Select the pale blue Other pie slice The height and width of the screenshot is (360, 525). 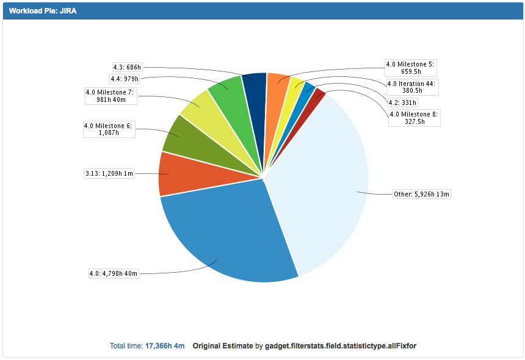coord(324,183)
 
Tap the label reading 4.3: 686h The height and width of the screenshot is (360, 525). coord(127,67)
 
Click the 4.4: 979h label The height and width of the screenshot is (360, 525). coord(125,78)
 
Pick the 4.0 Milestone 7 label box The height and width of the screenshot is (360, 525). coord(109,96)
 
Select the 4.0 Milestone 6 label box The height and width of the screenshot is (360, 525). coord(109,129)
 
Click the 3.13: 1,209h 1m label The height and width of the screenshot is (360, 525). coord(109,174)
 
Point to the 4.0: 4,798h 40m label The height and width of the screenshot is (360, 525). coord(114,273)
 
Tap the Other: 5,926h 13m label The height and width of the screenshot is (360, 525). coord(422,195)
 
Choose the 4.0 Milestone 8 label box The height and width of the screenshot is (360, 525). coord(413,118)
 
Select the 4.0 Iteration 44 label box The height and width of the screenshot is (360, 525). coord(412,87)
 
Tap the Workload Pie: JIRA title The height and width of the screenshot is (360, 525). coord(43,11)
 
